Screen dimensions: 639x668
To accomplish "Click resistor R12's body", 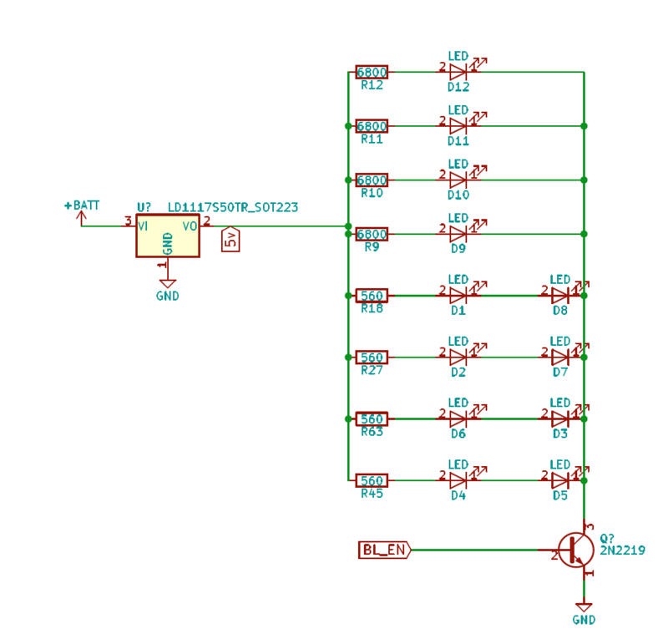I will tap(372, 72).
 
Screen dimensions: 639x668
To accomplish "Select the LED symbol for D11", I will tap(458, 126).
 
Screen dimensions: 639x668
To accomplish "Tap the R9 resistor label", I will tap(372, 247).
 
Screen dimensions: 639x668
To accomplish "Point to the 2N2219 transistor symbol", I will tap(575, 550).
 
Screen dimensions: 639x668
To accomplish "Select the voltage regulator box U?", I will tap(168, 238).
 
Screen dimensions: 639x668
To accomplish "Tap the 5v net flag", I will tap(230, 241).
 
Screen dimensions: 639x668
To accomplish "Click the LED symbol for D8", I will tap(560, 295).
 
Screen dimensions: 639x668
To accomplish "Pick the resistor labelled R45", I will tap(372, 480).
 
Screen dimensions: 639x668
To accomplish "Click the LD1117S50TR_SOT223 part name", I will tap(233, 207).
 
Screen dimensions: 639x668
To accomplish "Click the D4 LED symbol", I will tap(458, 480).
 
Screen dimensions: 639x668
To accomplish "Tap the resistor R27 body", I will tap(372, 358).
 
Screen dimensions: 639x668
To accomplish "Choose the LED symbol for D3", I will tap(560, 418).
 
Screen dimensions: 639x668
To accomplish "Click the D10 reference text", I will tap(458, 194).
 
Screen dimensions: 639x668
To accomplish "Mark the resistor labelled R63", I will tap(372, 418).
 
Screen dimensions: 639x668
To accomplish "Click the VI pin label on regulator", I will tap(144, 226).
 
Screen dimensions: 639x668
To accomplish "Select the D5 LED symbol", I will tap(560, 480).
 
